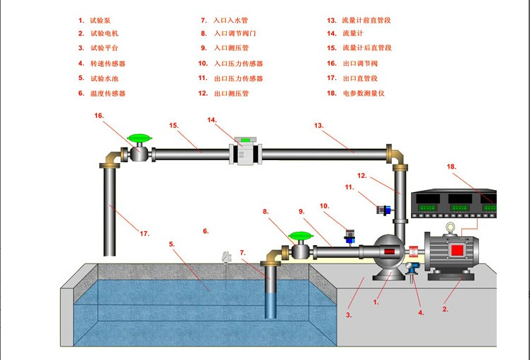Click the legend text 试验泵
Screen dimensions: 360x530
[x=100, y=21]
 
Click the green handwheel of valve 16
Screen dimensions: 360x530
[x=139, y=137]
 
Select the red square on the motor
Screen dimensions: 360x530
[x=457, y=249]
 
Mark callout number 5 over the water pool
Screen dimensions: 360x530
[x=171, y=244]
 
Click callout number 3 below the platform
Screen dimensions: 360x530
[x=349, y=314]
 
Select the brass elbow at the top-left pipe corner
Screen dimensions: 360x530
[x=110, y=158]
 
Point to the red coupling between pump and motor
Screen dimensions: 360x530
[x=412, y=252]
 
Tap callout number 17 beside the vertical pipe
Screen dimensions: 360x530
[x=145, y=233]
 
